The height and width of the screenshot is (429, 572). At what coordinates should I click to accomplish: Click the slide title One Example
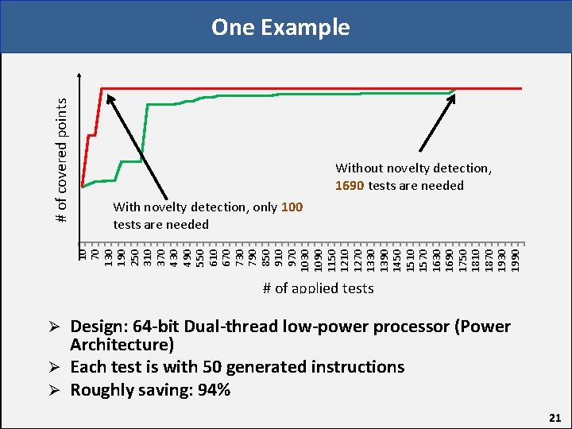pyautogui.click(x=280, y=27)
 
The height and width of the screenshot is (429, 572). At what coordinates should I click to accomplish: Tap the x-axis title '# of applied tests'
pyautogui.click(x=318, y=288)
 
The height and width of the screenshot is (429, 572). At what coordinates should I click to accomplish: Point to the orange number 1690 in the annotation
pyautogui.click(x=350, y=186)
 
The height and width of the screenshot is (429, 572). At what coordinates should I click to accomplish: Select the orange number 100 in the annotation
pyautogui.click(x=292, y=207)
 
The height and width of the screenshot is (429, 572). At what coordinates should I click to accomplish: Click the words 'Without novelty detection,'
pyautogui.click(x=413, y=168)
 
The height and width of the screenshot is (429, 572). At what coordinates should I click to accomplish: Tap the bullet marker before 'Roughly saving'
pyautogui.click(x=55, y=390)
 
